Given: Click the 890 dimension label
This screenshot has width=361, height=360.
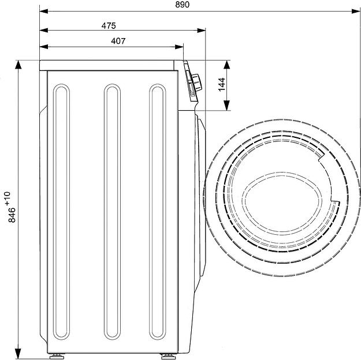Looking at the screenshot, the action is click(183, 5).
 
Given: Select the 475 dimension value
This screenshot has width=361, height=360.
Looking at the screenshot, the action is click(109, 26).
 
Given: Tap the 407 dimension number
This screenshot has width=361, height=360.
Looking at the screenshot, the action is click(118, 41).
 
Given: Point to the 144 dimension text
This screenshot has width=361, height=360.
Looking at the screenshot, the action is click(222, 85).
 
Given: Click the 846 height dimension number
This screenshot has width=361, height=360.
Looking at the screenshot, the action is click(12, 215).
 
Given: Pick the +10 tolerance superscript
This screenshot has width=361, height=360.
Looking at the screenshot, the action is click(8, 198).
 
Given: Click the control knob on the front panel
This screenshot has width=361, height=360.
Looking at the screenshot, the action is click(196, 83).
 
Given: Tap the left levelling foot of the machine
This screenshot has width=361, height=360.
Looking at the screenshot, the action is click(57, 357).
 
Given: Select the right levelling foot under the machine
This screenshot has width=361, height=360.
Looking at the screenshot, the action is click(168, 357).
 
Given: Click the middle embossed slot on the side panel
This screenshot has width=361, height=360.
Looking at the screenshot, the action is click(112, 212).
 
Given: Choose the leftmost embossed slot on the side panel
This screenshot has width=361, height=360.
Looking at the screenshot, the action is click(61, 212).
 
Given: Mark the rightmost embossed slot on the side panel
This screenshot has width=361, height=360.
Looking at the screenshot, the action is click(158, 212).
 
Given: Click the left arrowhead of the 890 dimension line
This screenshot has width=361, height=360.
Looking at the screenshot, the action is click(44, 11).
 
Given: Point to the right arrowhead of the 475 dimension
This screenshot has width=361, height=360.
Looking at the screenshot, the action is click(201, 30).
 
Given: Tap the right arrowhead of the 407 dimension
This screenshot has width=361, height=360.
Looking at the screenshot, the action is click(179, 47).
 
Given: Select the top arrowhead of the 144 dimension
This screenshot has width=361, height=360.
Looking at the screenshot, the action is click(227, 65).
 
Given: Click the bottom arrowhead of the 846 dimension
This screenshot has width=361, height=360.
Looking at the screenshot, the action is click(18, 354).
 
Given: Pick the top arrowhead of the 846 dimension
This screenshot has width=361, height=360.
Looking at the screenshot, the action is click(18, 65).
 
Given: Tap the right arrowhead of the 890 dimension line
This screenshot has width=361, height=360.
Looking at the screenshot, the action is click(356, 11).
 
